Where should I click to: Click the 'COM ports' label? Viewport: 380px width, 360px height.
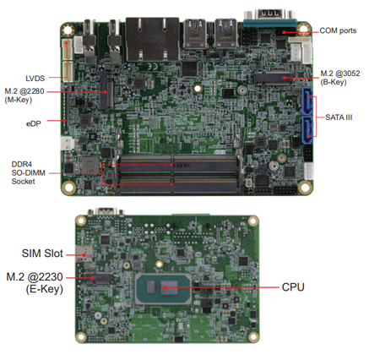(x=338, y=30)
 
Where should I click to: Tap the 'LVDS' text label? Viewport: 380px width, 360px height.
(x=35, y=79)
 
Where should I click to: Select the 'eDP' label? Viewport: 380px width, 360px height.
(x=34, y=123)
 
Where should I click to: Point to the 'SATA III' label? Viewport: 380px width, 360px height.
(x=339, y=117)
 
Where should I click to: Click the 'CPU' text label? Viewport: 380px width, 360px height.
(x=293, y=287)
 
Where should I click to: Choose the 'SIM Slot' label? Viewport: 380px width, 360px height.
(x=42, y=254)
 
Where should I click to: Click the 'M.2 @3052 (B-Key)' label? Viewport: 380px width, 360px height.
(x=340, y=78)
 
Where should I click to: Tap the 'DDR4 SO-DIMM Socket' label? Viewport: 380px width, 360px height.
(x=28, y=172)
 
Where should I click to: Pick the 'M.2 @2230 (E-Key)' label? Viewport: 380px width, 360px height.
(x=35, y=283)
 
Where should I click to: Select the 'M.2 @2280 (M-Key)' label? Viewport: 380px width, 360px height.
(x=24, y=95)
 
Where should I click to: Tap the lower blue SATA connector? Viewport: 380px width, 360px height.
(x=307, y=130)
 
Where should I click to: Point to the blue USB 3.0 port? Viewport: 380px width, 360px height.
(x=225, y=34)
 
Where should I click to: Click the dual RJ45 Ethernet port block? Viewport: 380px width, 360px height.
(x=152, y=40)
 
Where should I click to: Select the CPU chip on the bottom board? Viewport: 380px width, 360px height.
(x=164, y=289)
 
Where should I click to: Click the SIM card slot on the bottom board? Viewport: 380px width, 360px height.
(x=84, y=254)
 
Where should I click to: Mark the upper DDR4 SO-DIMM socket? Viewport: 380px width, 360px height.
(x=178, y=164)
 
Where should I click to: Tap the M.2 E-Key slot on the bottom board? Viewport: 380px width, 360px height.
(x=98, y=278)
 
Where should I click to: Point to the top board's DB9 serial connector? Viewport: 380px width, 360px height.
(x=269, y=18)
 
